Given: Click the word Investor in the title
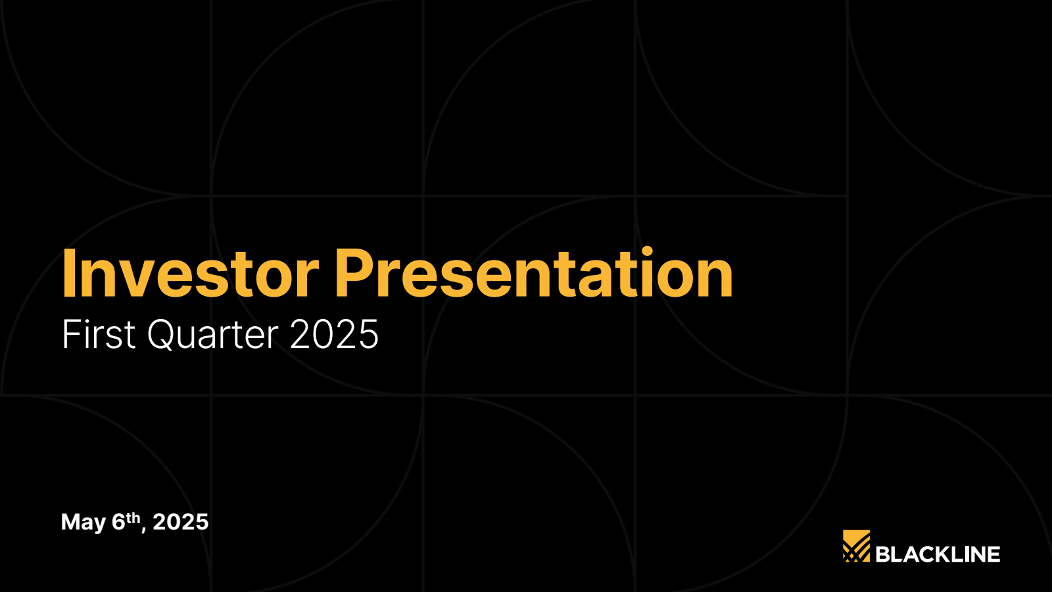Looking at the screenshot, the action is [x=191, y=274].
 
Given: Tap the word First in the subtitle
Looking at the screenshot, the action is [x=99, y=334].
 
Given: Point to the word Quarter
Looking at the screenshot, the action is [x=213, y=335].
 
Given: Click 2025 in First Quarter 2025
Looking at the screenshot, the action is [x=335, y=334].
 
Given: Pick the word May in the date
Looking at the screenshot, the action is [x=83, y=523].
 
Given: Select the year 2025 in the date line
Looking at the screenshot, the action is [x=181, y=522].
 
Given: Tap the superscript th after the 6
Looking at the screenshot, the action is [x=134, y=518].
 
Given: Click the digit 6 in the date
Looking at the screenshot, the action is [x=119, y=522].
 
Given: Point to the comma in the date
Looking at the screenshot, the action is [x=143, y=530].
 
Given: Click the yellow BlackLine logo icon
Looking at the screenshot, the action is [x=856, y=546].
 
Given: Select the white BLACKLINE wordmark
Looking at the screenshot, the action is [x=938, y=555].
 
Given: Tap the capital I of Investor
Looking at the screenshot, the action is [x=68, y=274].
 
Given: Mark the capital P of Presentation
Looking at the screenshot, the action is [x=356, y=274].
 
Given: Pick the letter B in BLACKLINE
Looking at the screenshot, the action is [x=883, y=555].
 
